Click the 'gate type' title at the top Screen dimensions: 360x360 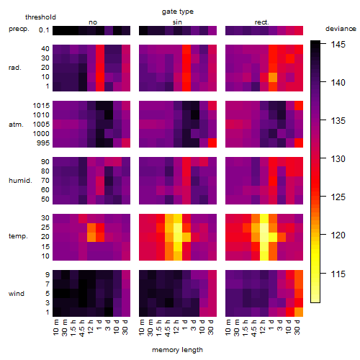[x=178, y=12]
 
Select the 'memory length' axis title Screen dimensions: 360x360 [x=177, y=350]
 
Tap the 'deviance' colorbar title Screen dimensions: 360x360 [x=341, y=29]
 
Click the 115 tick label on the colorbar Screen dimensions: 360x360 [x=338, y=274]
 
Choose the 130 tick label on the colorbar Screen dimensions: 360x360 [x=338, y=159]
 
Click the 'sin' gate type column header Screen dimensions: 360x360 [x=177, y=22]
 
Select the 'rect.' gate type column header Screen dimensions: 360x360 [x=261, y=22]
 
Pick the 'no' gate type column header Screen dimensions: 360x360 [x=93, y=22]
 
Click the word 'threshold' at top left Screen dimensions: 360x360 [x=40, y=17]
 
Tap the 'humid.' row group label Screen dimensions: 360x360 [x=20, y=181]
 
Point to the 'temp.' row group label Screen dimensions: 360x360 [x=18, y=236]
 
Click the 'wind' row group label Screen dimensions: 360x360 [x=17, y=294]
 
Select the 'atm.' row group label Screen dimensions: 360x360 [x=16, y=125]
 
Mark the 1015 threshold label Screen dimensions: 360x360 [x=41, y=106]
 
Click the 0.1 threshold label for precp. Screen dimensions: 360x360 [x=44, y=30]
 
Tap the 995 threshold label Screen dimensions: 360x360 [x=43, y=143]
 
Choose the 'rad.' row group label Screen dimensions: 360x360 [x=15, y=68]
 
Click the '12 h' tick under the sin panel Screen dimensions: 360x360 [x=176, y=327]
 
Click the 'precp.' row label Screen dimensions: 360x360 [x=19, y=30]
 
